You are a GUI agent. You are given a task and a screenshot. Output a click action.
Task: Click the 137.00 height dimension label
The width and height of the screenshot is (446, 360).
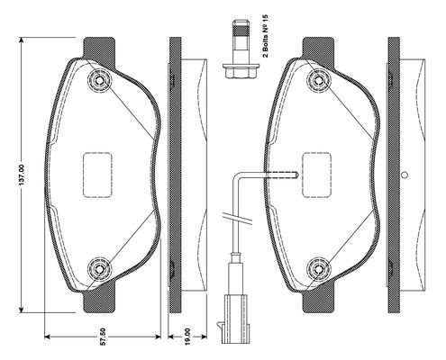[22, 175]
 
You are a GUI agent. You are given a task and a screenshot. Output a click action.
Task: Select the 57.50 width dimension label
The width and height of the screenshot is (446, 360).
[103, 337]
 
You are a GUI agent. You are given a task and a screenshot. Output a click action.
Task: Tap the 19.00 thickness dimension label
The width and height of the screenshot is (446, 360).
[187, 337]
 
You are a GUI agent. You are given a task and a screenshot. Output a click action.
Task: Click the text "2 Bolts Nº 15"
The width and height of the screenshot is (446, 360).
[265, 36]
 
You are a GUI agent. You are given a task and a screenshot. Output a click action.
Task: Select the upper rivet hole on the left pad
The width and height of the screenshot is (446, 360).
[99, 80]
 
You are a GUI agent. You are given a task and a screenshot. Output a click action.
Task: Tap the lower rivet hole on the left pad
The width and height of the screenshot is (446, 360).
[99, 269]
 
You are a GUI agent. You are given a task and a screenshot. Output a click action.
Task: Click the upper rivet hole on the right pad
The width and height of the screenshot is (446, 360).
[319, 80]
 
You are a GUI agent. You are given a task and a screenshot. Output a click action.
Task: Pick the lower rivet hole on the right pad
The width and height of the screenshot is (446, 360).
[319, 269]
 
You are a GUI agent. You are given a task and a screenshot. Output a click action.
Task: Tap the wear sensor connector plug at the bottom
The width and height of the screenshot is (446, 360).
[235, 319]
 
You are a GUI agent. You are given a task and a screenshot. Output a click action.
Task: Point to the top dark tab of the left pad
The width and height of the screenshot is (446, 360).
[99, 49]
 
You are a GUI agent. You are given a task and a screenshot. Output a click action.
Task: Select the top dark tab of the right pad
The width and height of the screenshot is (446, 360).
[318, 49]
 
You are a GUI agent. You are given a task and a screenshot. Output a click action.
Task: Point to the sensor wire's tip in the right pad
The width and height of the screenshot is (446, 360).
[296, 175]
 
